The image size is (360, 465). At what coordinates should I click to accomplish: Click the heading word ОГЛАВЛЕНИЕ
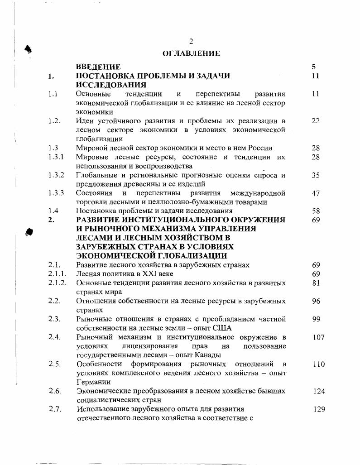pos(191,53)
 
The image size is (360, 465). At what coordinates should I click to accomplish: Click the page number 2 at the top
pos(191,41)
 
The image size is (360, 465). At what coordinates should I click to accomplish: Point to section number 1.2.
pos(54,121)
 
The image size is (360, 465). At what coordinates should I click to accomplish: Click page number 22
pos(316,121)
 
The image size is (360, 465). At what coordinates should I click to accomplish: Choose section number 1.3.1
pos(56,157)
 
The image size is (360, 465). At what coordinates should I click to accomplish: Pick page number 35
pos(316,175)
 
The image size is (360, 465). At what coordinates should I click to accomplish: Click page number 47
pos(316,193)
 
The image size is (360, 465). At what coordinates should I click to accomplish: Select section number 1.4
pos(53,211)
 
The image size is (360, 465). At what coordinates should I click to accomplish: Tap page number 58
pos(316,211)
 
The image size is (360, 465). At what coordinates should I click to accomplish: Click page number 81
pos(316,283)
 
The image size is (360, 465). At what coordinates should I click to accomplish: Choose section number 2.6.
pos(54,391)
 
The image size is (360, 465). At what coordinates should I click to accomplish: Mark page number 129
pos(319,409)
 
